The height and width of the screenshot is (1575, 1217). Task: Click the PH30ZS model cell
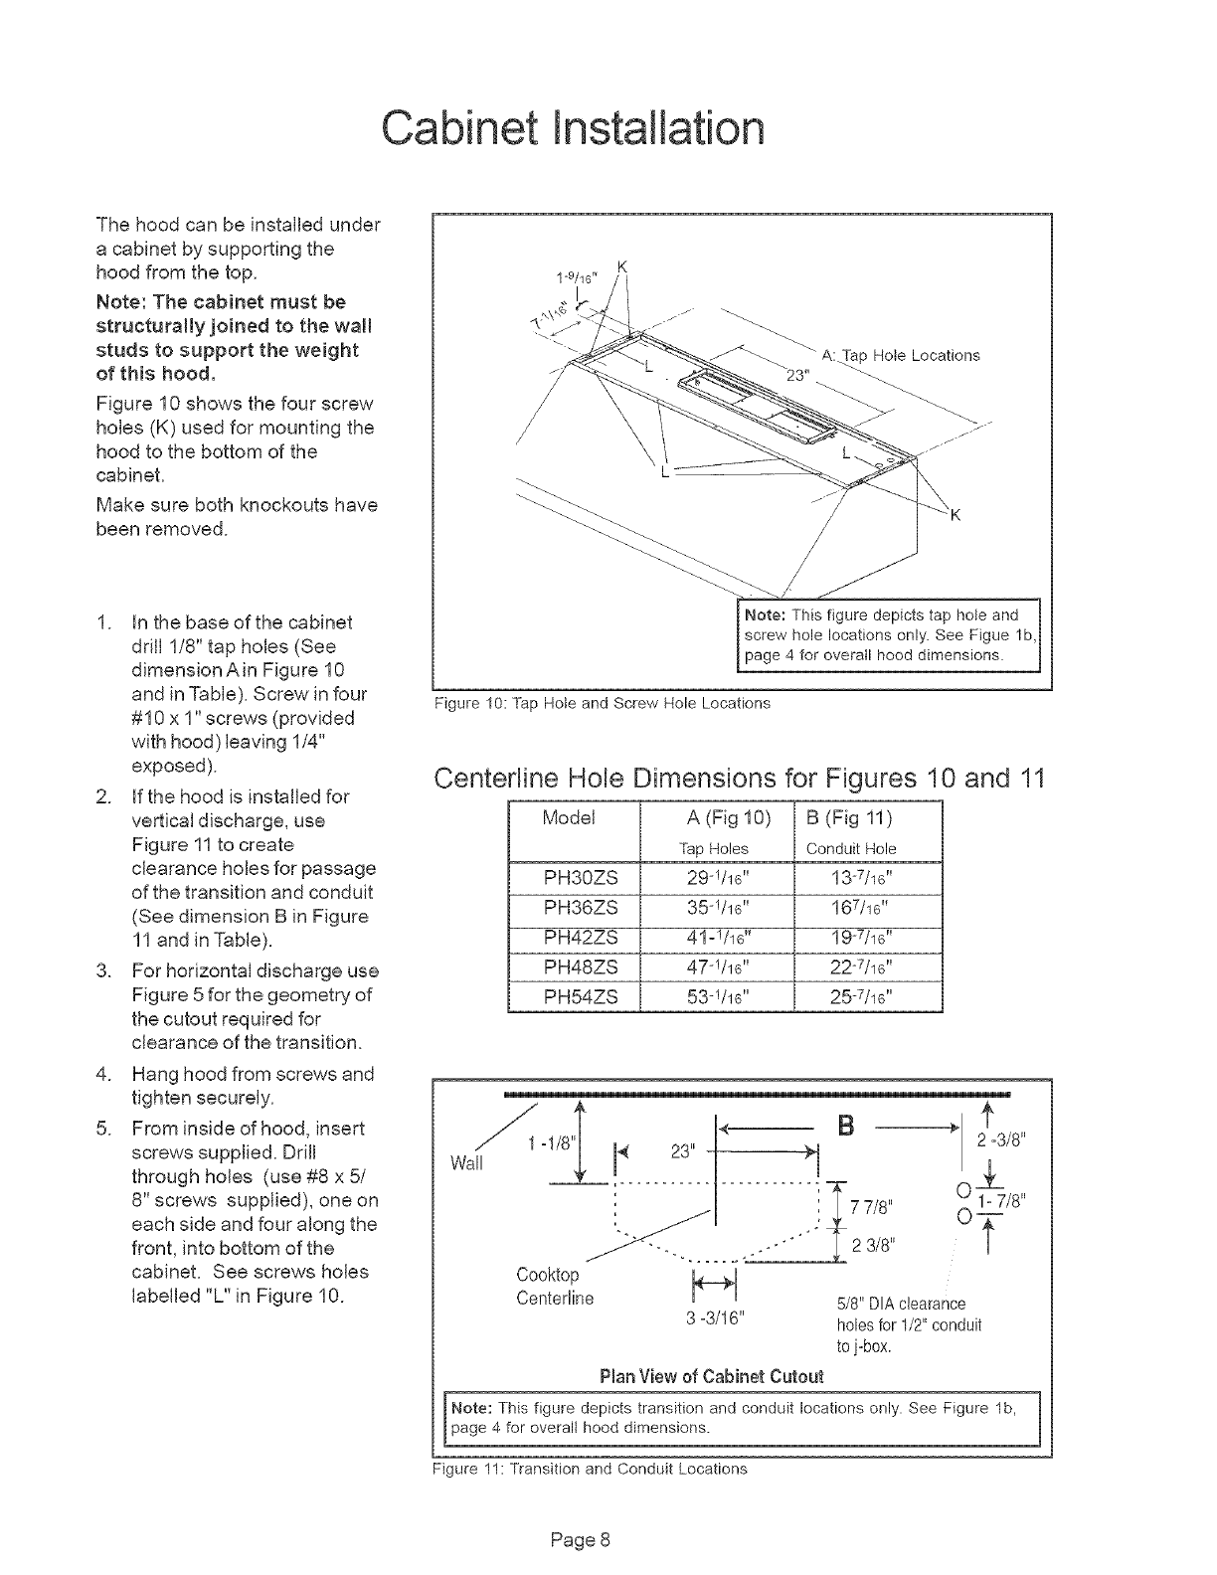coord(575,877)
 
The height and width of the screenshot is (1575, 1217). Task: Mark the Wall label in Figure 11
coord(466,1162)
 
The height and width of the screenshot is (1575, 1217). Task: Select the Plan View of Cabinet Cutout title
coord(712,1376)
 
